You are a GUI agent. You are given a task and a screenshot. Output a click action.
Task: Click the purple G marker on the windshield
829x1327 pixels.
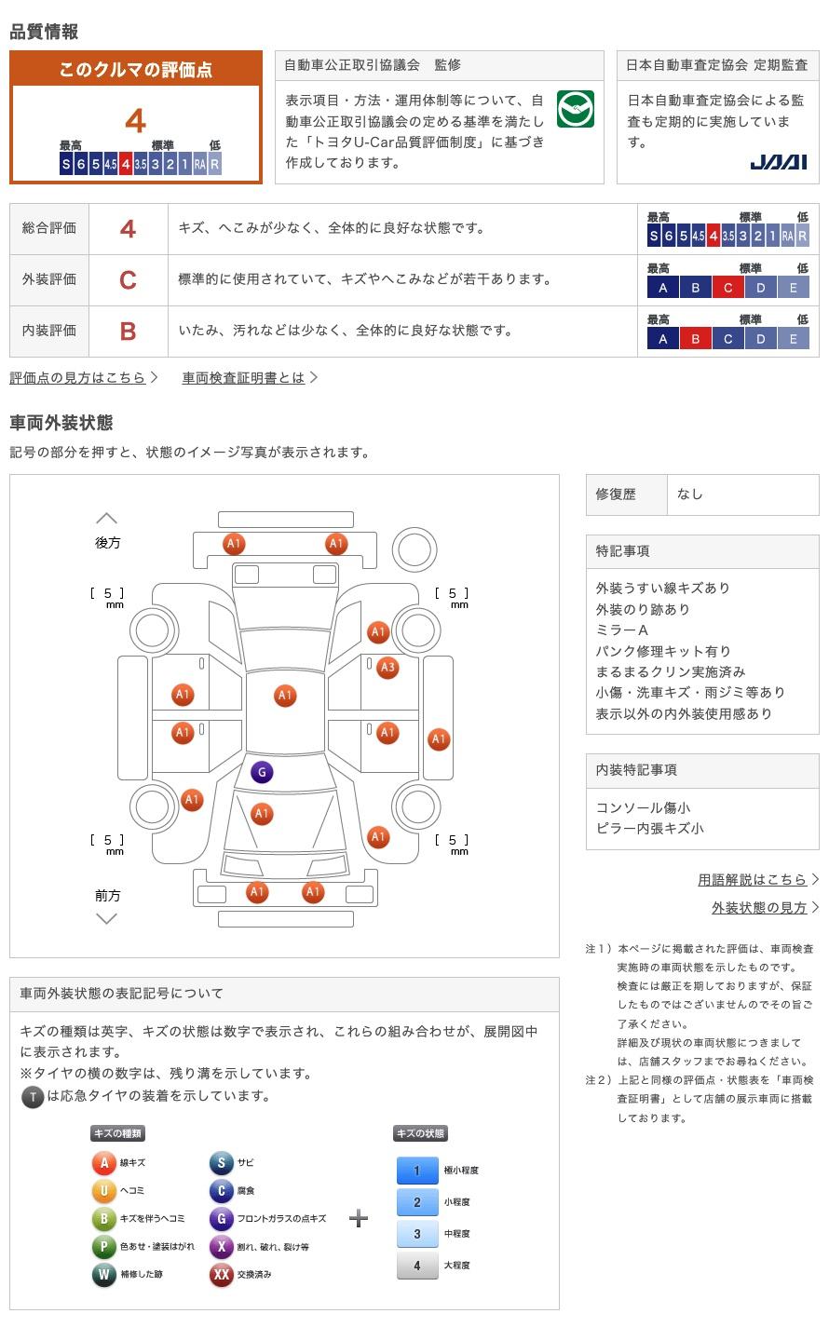click(x=262, y=772)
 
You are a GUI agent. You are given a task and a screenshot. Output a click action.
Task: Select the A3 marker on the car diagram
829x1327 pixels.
click(x=387, y=668)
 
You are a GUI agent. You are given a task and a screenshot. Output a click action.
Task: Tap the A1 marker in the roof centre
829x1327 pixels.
click(x=285, y=696)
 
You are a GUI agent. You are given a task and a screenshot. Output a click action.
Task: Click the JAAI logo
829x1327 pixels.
click(x=779, y=162)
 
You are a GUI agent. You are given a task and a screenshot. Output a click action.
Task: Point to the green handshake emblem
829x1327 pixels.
click(x=576, y=109)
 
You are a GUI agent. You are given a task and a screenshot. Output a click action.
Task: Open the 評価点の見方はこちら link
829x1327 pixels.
click(x=77, y=378)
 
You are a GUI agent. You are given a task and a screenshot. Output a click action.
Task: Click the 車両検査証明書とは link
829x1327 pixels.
click(x=243, y=378)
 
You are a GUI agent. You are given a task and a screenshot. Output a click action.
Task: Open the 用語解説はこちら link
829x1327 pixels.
click(x=752, y=880)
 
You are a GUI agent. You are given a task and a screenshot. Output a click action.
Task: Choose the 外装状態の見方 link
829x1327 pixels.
click(x=759, y=908)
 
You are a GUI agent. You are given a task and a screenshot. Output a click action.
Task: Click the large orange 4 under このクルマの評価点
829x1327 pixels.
click(x=136, y=121)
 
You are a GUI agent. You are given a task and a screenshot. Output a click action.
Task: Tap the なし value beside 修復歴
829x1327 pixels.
click(x=690, y=494)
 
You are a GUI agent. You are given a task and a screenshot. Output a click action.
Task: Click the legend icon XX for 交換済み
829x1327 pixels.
click(x=222, y=1274)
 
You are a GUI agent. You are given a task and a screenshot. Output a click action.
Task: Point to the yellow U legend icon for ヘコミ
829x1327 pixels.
click(x=104, y=1190)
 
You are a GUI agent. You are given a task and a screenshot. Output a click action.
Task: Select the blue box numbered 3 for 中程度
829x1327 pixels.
click(x=417, y=1234)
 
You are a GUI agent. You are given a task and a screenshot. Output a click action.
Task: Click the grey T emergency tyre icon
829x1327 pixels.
click(x=33, y=1097)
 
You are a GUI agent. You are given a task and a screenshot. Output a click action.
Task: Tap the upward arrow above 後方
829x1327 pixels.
click(x=107, y=519)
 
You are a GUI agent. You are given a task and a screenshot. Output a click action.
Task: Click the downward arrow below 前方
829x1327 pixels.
click(x=107, y=918)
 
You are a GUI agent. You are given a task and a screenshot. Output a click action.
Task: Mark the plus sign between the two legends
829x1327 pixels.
click(x=359, y=1219)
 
